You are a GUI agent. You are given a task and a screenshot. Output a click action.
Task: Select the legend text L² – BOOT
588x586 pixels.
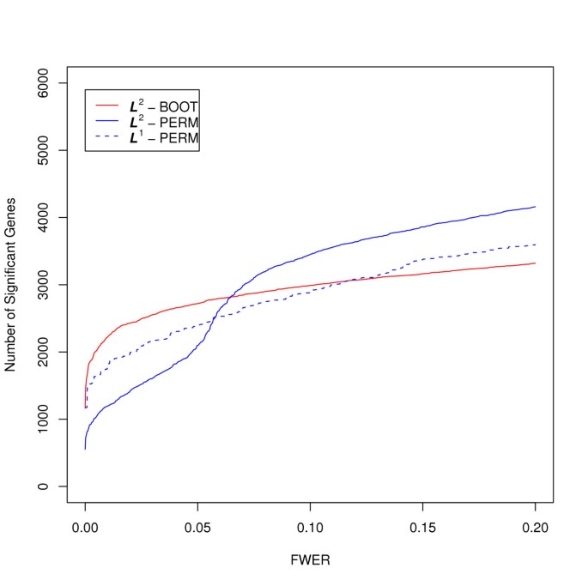click(162, 106)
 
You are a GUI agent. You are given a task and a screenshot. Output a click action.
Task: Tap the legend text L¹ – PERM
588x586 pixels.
click(162, 137)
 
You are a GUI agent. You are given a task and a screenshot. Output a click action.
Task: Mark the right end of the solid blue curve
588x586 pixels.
click(535, 207)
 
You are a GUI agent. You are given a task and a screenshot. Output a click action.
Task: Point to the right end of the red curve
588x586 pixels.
click(535, 263)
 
